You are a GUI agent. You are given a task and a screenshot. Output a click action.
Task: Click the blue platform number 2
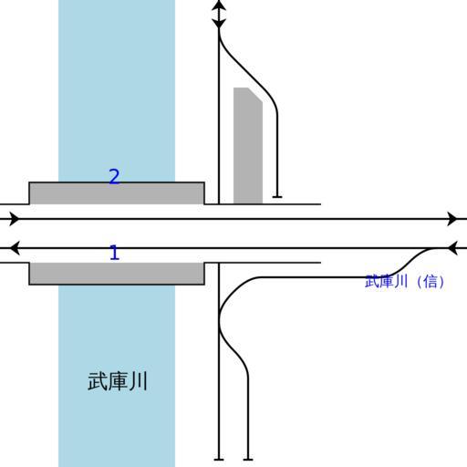[x=114, y=176]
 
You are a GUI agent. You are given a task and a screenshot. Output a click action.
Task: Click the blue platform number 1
[x=114, y=253]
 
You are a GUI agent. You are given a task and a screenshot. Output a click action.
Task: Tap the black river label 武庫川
[x=118, y=381]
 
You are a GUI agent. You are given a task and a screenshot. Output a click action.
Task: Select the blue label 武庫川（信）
[x=404, y=282]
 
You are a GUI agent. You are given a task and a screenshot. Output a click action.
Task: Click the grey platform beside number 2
[x=117, y=193]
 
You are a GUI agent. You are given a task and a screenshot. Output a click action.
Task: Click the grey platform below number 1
[x=117, y=274]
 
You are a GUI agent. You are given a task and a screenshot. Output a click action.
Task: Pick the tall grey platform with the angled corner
[x=248, y=145]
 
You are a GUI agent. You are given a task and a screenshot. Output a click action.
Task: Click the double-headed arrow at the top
[x=219, y=15]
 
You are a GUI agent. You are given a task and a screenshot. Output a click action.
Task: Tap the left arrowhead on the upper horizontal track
[x=14, y=219]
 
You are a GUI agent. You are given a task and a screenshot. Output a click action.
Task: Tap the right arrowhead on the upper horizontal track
[x=452, y=219]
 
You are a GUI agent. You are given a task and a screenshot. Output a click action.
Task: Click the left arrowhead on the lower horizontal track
[x=15, y=248]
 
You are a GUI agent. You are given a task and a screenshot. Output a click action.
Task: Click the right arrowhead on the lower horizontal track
[x=453, y=248]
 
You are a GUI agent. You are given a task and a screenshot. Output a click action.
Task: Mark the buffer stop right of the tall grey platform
[x=277, y=197]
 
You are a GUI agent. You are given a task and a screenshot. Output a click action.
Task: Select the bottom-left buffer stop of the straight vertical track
[x=219, y=460]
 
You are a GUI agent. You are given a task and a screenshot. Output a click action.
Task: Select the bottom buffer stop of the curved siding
[x=248, y=460]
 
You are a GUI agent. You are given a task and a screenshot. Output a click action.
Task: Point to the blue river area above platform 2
[x=117, y=88]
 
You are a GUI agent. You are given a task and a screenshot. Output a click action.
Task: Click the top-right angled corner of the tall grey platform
[x=255, y=95]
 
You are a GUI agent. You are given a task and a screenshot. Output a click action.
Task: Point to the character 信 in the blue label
[x=431, y=282]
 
